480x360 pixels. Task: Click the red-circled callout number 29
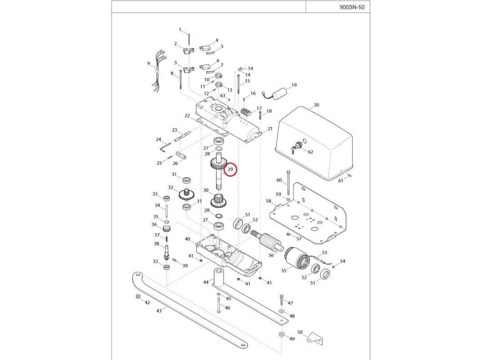[x=231, y=170]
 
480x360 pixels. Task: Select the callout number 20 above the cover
[x=316, y=105]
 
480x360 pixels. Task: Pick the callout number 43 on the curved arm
[x=159, y=310]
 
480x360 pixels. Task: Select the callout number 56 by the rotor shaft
[x=271, y=255]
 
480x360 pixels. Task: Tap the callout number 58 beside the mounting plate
[x=269, y=201]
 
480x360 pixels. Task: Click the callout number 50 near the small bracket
[x=300, y=332]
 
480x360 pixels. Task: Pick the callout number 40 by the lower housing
[x=187, y=239]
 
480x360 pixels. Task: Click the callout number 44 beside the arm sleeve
[x=206, y=282]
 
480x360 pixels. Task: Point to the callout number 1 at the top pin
[x=180, y=30]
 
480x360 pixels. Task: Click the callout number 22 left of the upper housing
[x=187, y=115]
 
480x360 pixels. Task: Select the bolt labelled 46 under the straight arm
[x=218, y=306]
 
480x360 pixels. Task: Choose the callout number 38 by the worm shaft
[x=156, y=244]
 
